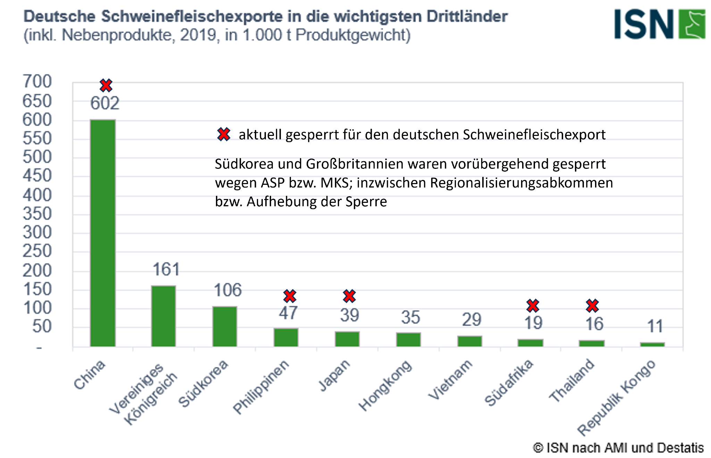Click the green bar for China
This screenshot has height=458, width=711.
103,233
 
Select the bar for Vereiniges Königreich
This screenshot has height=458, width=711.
164,316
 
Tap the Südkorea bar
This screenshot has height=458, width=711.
225,326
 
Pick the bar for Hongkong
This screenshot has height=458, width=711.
408,339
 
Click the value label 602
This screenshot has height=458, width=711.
105,103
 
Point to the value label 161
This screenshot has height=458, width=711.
166,270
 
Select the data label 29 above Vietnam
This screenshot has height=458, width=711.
471,320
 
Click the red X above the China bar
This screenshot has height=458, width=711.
106,85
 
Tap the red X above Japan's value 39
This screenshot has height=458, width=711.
349,296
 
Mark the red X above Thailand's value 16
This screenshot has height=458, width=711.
592,305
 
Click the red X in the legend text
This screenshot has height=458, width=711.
224,135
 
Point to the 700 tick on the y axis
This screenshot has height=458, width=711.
37,82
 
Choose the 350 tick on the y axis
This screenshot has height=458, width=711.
37,214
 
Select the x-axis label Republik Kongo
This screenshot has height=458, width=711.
616,398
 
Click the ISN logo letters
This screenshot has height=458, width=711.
644,24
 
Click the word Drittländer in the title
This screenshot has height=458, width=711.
467,17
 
